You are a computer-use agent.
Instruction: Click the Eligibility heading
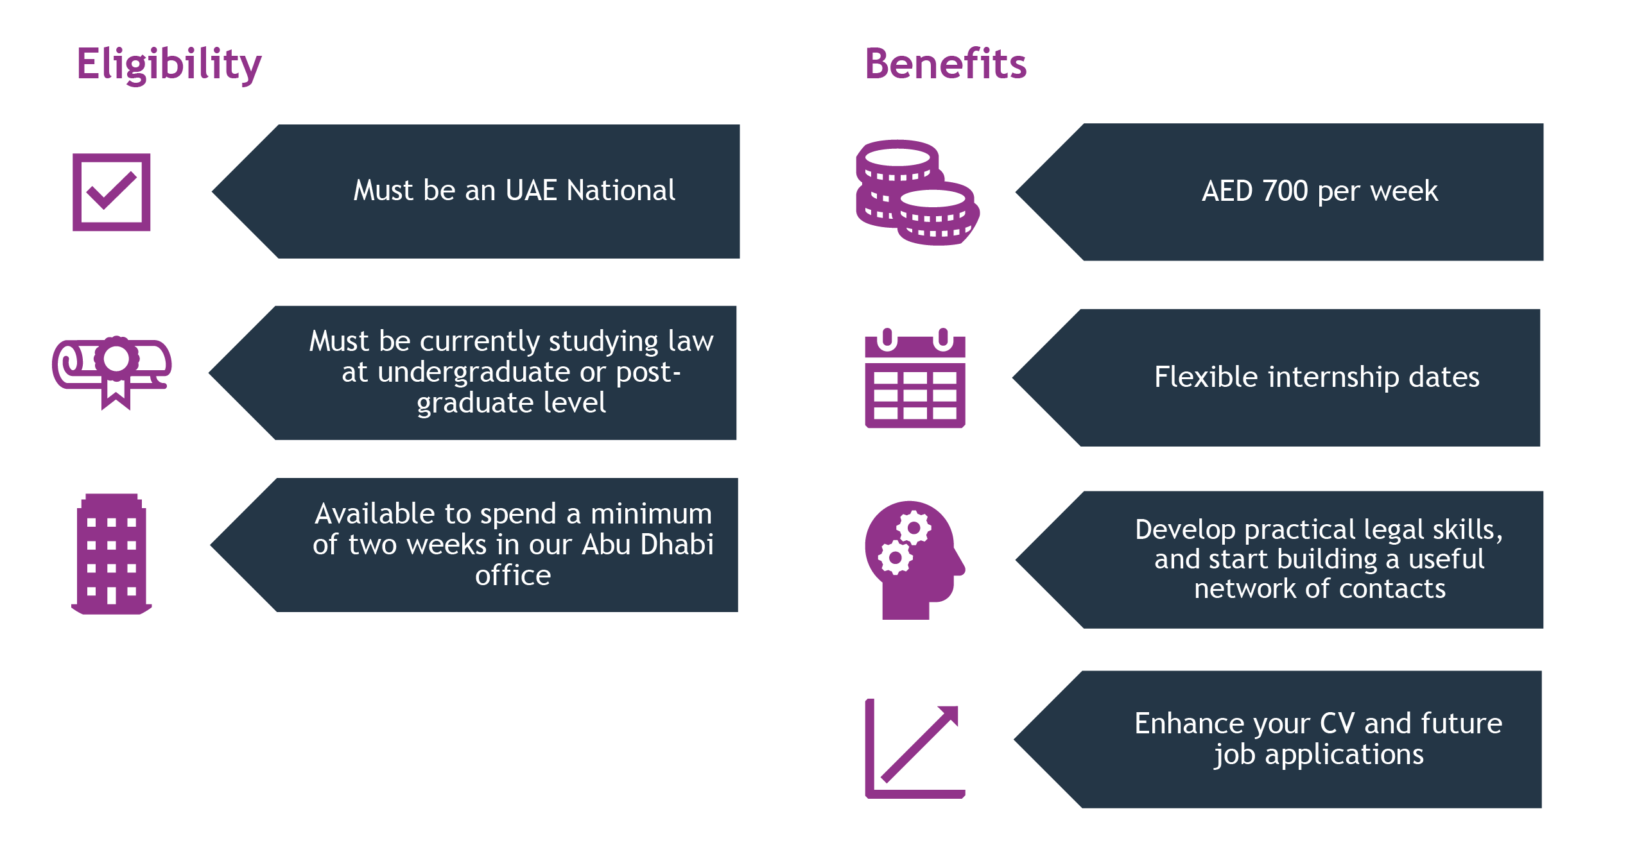point(169,65)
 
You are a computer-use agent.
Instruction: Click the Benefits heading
point(946,64)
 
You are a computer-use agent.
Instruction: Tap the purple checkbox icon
point(112,192)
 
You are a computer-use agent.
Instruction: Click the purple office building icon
point(112,554)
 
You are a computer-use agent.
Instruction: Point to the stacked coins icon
point(917,192)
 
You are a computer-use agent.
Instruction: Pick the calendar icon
point(915,378)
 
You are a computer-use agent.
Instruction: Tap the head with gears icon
point(915,559)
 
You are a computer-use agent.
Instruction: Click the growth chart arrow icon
point(915,749)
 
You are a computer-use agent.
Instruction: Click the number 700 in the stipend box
point(1285,191)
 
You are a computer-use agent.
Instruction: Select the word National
point(621,190)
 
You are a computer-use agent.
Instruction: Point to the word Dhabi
point(677,544)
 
